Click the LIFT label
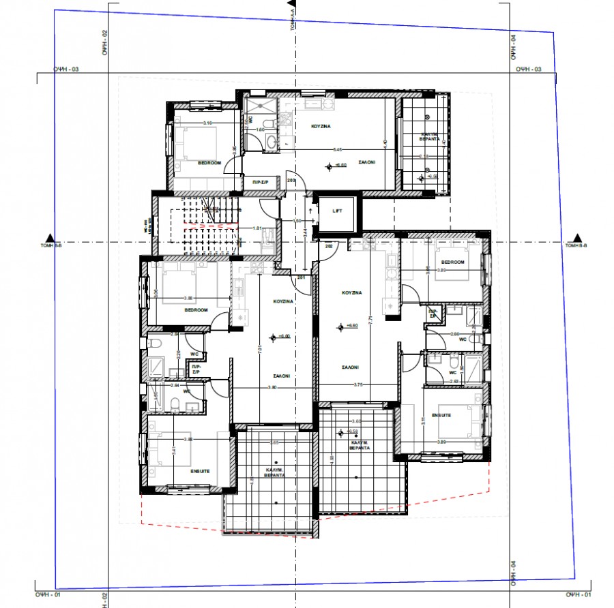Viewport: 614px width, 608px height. [x=336, y=212]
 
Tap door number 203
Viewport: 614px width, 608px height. [x=291, y=181]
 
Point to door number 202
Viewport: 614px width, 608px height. [x=328, y=246]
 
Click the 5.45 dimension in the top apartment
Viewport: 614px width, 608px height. [x=337, y=149]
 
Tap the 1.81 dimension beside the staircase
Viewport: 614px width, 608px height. [x=258, y=228]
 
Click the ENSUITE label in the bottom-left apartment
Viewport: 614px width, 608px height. [x=200, y=470]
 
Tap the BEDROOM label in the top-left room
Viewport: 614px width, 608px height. [x=209, y=162]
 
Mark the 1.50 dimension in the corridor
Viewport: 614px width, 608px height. [x=297, y=221]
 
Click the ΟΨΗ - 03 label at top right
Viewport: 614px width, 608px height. [x=528, y=70]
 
